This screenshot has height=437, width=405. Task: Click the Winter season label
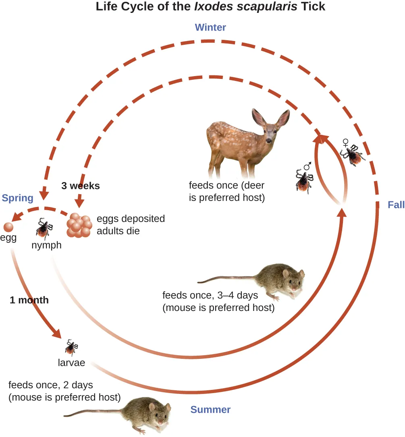point(210,27)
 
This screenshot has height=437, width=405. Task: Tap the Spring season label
point(17,198)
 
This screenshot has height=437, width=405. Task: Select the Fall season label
point(396,205)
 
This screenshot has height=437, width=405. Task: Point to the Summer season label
point(210,410)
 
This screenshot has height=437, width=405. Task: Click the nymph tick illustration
point(44,228)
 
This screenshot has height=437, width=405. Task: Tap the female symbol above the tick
point(345,143)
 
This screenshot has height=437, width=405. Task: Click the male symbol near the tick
point(308,166)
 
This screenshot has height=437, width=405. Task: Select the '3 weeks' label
point(80,186)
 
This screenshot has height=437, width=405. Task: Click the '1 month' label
point(29,300)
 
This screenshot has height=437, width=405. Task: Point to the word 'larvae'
point(71,362)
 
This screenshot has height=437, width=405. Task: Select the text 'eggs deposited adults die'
point(131,225)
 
